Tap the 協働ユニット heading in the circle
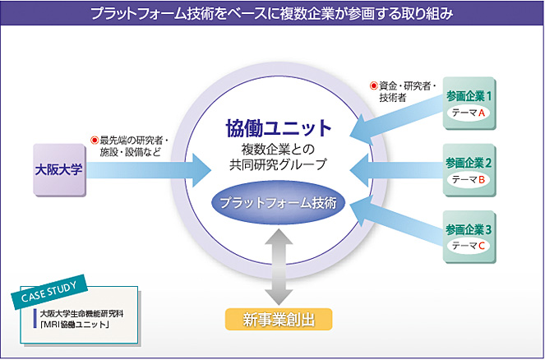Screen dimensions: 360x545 click(x=279, y=128)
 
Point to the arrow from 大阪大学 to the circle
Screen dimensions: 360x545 click(x=148, y=171)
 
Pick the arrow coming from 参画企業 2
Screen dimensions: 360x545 click(x=395, y=169)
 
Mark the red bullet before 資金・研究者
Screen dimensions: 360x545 click(x=373, y=85)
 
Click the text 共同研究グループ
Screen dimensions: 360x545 click(x=279, y=164)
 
